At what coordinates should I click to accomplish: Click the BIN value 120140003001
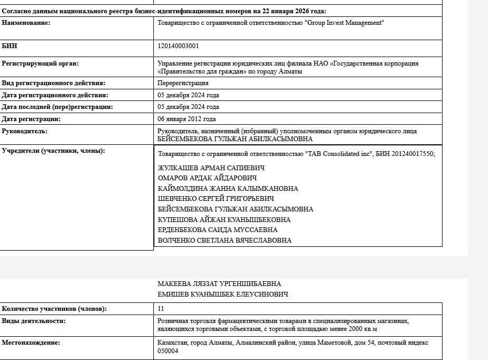tap(178, 46)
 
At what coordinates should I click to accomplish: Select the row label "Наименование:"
tap(26, 23)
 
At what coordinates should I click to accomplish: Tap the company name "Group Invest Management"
tap(344, 23)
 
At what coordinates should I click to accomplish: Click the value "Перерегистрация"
tap(183, 83)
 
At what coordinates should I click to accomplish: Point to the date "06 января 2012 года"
tap(187, 119)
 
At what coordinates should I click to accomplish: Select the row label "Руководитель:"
tap(24, 131)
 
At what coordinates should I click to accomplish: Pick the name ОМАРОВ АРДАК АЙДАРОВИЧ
tap(207, 178)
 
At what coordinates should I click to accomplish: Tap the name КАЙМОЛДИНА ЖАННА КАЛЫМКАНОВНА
tap(228, 189)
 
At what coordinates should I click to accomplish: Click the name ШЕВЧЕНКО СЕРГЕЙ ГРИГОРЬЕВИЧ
tap(216, 199)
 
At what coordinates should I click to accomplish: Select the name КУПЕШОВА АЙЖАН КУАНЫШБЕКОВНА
tap(224, 219)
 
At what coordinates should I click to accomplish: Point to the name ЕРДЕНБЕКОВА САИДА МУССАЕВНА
tap(218, 230)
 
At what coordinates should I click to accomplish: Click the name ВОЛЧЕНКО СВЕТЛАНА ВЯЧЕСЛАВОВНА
tap(225, 241)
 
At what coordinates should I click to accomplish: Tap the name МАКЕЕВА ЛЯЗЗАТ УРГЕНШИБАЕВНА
tap(219, 284)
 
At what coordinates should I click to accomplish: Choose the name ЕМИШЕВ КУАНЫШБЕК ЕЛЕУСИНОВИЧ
tap(223, 294)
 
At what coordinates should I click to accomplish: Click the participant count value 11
tap(161, 309)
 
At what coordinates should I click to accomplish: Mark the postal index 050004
tap(168, 351)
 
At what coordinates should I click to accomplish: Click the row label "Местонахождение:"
tap(31, 343)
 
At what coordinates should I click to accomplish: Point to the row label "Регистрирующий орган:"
tap(40, 63)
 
